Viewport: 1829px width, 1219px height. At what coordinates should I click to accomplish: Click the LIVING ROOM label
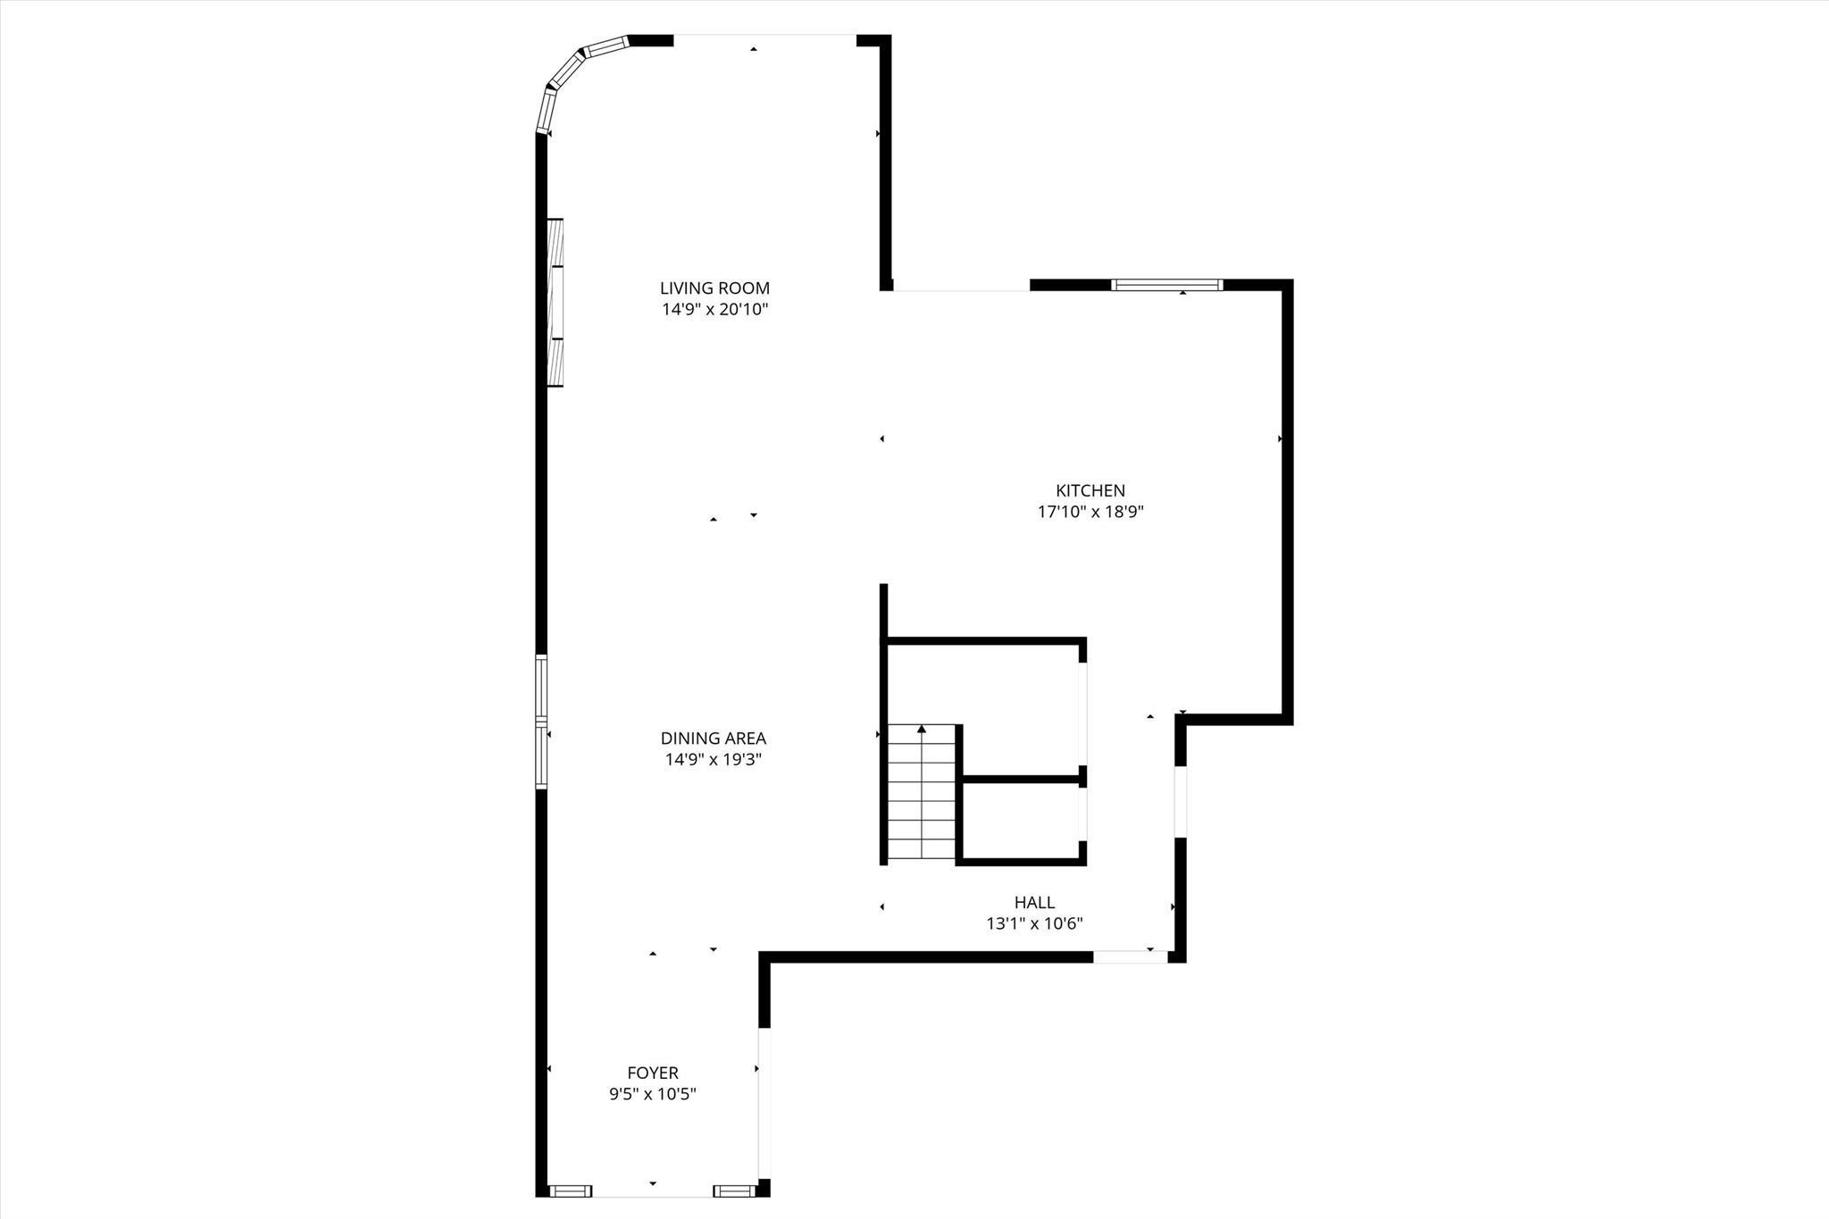tap(714, 288)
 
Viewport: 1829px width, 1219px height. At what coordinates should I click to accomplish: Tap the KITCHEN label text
tap(1090, 490)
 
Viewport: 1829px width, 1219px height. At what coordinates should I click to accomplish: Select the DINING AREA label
tap(713, 739)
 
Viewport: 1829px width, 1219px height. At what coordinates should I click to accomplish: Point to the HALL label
tap(1034, 903)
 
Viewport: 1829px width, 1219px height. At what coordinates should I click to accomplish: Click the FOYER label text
tap(652, 1073)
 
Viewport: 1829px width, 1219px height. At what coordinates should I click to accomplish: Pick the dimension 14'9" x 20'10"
tap(714, 310)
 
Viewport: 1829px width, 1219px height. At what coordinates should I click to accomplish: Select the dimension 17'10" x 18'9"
tap(1090, 512)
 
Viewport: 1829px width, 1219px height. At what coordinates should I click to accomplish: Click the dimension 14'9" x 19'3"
tap(713, 760)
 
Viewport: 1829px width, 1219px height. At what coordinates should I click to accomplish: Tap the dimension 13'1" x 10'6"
tap(1034, 924)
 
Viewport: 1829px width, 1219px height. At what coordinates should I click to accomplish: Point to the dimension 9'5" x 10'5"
tap(652, 1094)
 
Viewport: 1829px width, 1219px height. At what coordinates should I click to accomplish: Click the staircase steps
tap(922, 804)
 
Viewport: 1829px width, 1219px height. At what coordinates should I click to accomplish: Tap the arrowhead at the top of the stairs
tap(922, 730)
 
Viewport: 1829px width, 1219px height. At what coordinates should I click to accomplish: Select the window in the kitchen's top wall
tap(1166, 285)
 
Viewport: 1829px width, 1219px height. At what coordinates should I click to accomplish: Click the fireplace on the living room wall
tap(555, 302)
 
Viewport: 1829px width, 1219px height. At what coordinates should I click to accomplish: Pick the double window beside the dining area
tap(541, 722)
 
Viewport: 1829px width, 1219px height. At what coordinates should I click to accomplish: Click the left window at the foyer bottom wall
tap(570, 1215)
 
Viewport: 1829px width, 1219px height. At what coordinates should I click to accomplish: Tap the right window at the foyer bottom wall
tap(734, 1215)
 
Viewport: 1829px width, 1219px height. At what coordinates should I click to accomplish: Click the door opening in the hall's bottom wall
tap(1130, 957)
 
